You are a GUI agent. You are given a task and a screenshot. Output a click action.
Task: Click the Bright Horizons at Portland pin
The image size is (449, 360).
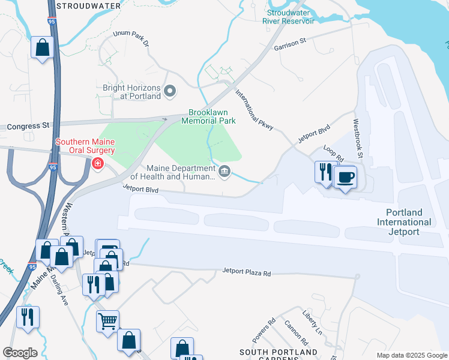click(x=170, y=91)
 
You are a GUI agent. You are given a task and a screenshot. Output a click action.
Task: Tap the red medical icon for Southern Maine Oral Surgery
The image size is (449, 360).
click(x=97, y=163)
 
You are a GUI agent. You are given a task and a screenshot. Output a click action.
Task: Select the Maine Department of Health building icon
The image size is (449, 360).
click(x=224, y=172)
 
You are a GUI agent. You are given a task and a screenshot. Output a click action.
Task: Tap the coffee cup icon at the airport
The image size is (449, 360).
click(x=345, y=178)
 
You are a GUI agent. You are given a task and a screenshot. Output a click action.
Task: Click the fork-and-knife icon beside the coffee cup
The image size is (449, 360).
click(x=325, y=171)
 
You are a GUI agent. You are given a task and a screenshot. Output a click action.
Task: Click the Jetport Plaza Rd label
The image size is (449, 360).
click(x=247, y=273)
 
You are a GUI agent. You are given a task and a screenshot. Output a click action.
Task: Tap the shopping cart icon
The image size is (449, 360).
click(x=107, y=321)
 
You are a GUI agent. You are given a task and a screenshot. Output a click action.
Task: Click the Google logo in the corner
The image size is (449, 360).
click(x=20, y=353)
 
